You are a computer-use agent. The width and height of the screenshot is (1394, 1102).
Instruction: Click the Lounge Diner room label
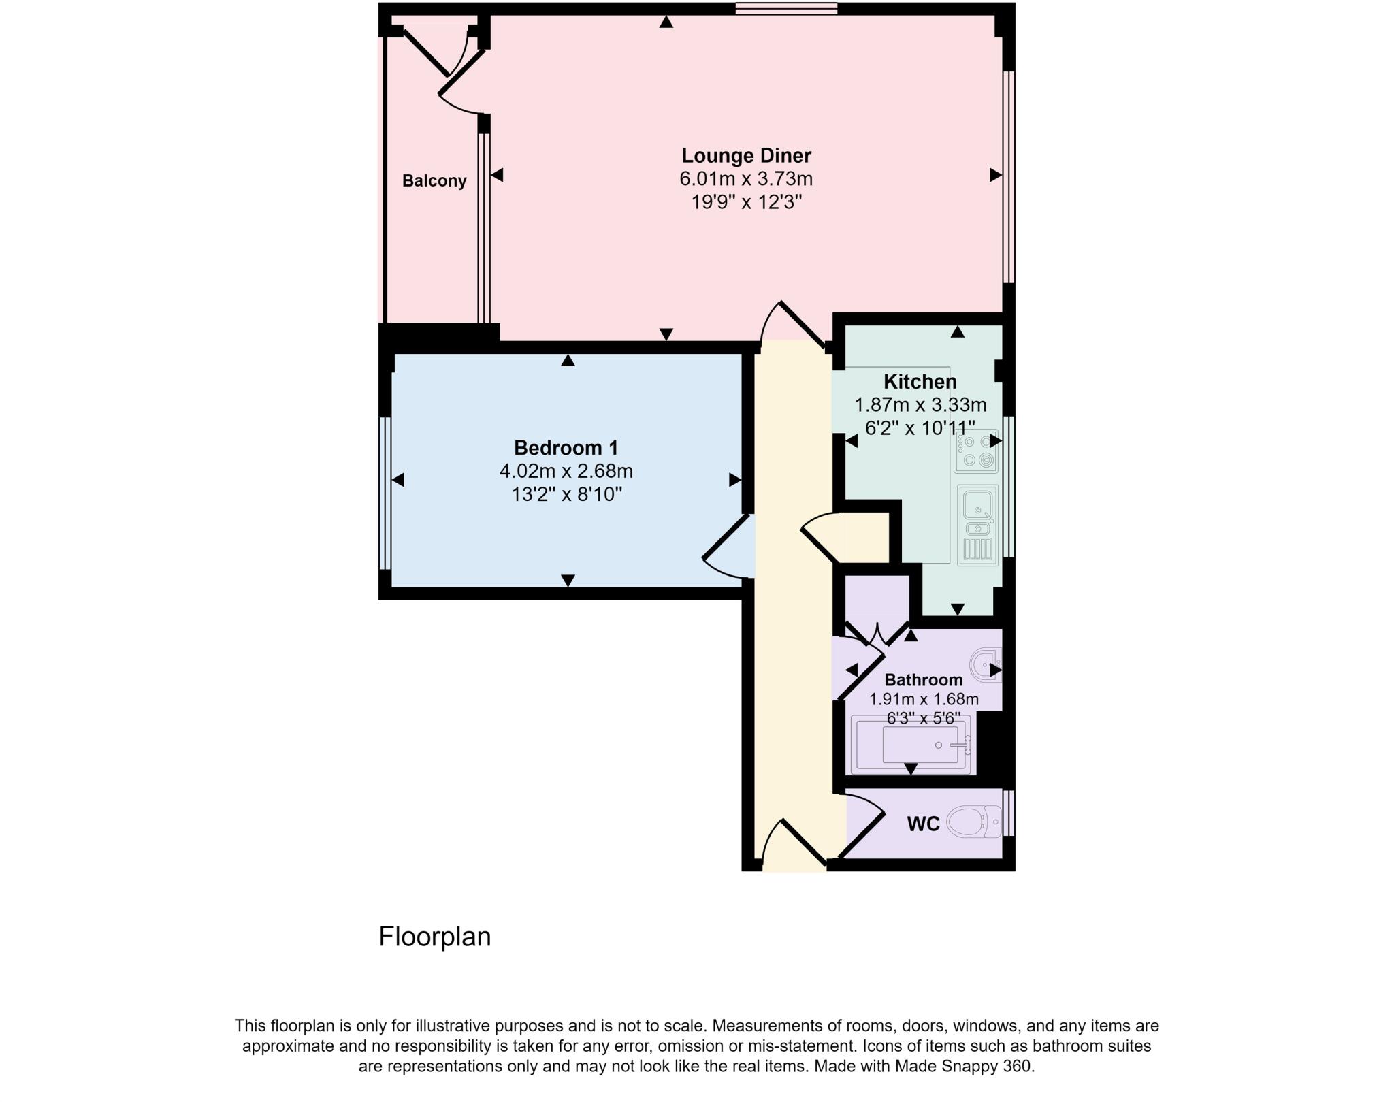click(x=746, y=155)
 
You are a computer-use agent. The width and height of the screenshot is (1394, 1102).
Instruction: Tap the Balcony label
click(x=434, y=181)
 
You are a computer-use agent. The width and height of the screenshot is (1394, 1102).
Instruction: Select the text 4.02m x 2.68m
click(x=566, y=471)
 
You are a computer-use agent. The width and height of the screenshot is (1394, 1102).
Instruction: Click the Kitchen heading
click(x=920, y=381)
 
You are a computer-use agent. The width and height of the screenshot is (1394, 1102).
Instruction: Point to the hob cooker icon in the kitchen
click(x=976, y=451)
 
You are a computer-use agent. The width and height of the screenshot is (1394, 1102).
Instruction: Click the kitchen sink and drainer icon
click(x=977, y=525)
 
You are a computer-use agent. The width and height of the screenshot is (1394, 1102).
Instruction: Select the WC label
click(x=923, y=824)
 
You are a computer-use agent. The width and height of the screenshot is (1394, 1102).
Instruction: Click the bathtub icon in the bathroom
click(x=911, y=745)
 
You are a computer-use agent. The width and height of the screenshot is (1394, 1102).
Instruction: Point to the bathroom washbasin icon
click(x=986, y=664)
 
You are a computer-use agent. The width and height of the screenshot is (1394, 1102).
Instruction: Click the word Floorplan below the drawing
click(x=434, y=937)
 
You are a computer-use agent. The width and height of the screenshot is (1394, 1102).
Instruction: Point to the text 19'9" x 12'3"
click(x=746, y=202)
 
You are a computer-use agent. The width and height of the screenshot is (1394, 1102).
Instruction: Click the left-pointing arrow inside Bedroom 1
click(x=398, y=480)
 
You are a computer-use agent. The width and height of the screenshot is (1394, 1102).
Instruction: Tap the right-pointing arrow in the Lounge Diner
click(x=995, y=175)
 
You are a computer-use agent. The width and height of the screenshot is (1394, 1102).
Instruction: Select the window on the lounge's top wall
click(x=786, y=8)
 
